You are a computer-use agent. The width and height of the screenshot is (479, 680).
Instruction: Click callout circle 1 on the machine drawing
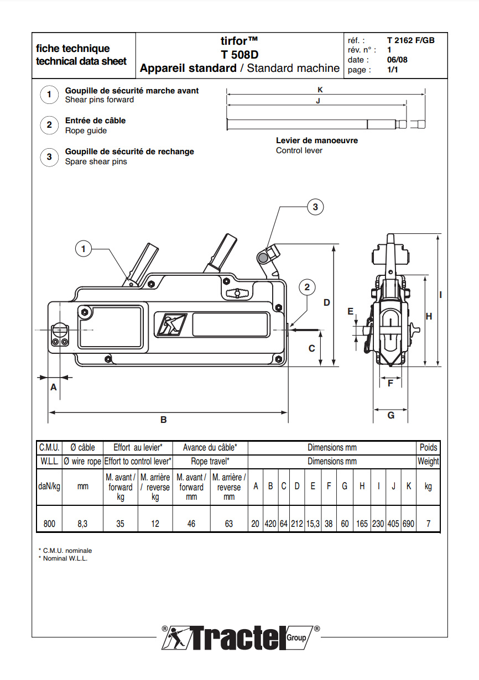coord(84,249)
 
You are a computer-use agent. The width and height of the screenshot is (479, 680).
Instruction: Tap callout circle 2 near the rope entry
coord(308,287)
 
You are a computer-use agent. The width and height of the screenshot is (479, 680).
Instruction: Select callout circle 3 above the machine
coord(315,207)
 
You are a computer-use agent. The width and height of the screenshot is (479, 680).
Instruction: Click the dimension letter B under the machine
coord(164,420)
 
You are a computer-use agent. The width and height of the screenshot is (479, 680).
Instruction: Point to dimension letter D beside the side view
coord(327,302)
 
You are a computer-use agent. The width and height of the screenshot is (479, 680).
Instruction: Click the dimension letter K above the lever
coord(320,89)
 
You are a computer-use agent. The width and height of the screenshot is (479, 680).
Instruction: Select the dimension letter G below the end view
coord(391,415)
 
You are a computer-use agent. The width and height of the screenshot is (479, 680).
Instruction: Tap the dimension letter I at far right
coord(440,295)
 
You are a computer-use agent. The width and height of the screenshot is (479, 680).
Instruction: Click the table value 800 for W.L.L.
coord(49,523)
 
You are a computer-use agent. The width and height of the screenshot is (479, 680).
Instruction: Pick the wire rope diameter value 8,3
coord(82,523)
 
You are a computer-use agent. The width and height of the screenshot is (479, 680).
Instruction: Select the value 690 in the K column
coord(408,523)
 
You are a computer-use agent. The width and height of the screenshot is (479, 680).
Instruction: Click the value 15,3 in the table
coord(313,523)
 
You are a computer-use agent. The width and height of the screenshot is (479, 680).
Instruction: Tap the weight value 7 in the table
coord(428,523)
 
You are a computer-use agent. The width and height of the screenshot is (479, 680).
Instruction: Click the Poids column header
coord(428,447)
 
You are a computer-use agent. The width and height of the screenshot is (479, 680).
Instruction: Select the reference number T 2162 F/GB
coord(410,40)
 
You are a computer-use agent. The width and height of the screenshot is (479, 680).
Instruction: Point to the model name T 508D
coord(239,55)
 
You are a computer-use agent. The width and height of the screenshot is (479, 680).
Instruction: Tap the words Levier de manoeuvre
coord(317,140)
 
